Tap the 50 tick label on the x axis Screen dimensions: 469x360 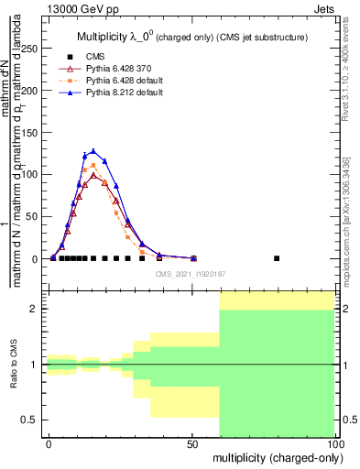coord(193,443)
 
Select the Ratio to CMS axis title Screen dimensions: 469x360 coord(14,365)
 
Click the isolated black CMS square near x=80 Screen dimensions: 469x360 coord(278,258)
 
